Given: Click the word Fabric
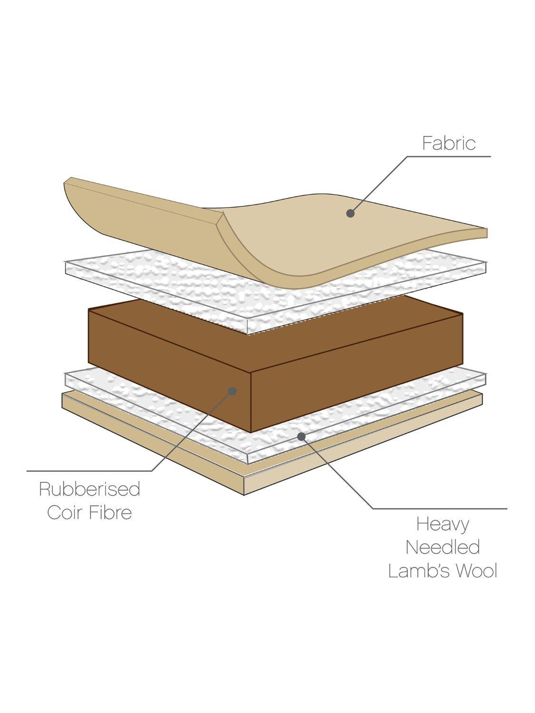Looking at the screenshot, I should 448,143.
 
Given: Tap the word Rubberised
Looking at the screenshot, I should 89,489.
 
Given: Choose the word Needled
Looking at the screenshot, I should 442,547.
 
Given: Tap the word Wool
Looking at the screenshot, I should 477,570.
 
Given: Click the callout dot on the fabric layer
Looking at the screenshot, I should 350,213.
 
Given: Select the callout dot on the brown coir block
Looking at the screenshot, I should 233,391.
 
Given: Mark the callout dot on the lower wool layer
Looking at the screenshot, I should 300,435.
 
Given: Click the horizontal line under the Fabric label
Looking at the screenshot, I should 447,156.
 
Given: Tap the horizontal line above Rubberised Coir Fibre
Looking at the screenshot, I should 90,471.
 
